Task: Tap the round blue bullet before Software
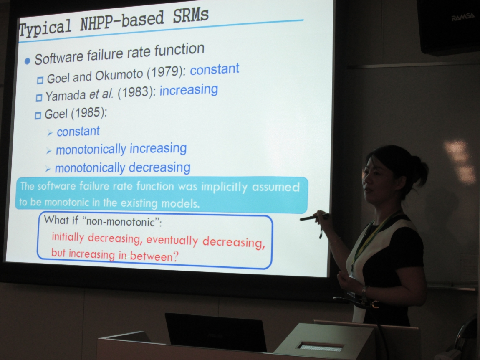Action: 27,61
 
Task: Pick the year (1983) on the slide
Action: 136,92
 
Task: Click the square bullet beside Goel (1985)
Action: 38,116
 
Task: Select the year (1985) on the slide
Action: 89,113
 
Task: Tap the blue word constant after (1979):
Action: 215,69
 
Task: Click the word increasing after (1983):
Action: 189,90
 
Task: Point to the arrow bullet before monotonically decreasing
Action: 48,169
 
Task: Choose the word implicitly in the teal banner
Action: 224,187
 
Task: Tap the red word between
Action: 154,256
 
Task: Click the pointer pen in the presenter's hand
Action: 314,217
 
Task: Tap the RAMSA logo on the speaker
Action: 462,17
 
